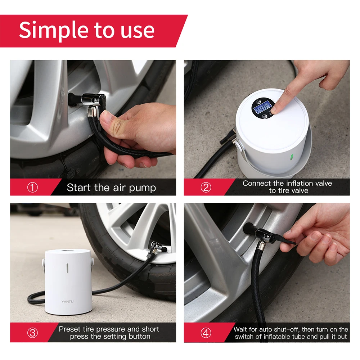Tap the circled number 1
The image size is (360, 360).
click(x=32, y=188)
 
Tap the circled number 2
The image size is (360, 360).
click(x=206, y=188)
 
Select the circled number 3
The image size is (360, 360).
click(x=32, y=333)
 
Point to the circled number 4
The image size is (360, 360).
click(x=206, y=333)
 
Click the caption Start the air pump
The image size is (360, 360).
click(x=111, y=188)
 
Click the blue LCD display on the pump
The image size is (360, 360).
click(x=262, y=107)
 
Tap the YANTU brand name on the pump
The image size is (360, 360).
click(x=67, y=301)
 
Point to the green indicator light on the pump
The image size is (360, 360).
click(x=290, y=157)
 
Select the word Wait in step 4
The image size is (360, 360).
click(x=241, y=329)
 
